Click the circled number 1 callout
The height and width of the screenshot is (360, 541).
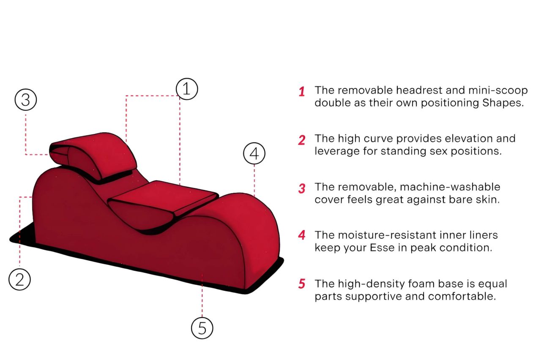[x=187, y=89]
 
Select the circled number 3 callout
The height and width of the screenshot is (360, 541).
[x=26, y=100]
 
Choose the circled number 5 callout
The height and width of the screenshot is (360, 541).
[x=202, y=327]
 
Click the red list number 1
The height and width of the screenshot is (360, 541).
[x=302, y=92]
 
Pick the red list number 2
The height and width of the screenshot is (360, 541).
[x=301, y=140]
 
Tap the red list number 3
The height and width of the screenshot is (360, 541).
[x=301, y=188]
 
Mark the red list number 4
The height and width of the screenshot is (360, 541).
[x=301, y=236]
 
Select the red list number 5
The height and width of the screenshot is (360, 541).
[x=301, y=284]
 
